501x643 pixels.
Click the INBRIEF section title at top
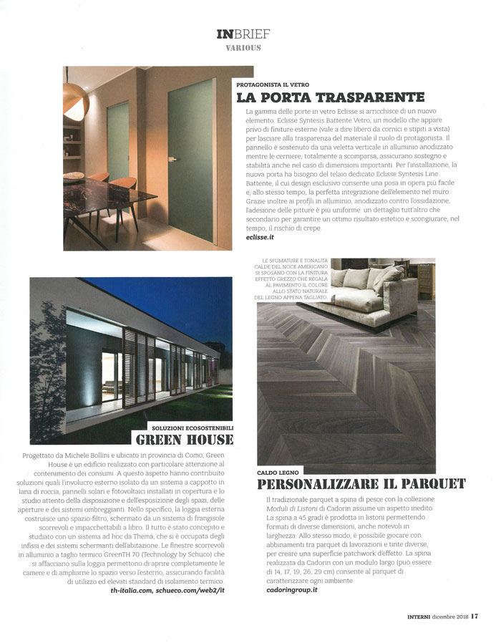[x=239, y=34]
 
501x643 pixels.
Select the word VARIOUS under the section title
[x=239, y=49]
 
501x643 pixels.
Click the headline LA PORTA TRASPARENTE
[x=331, y=97]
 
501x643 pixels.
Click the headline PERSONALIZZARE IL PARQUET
[x=361, y=484]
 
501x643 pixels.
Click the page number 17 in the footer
[x=475, y=620]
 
